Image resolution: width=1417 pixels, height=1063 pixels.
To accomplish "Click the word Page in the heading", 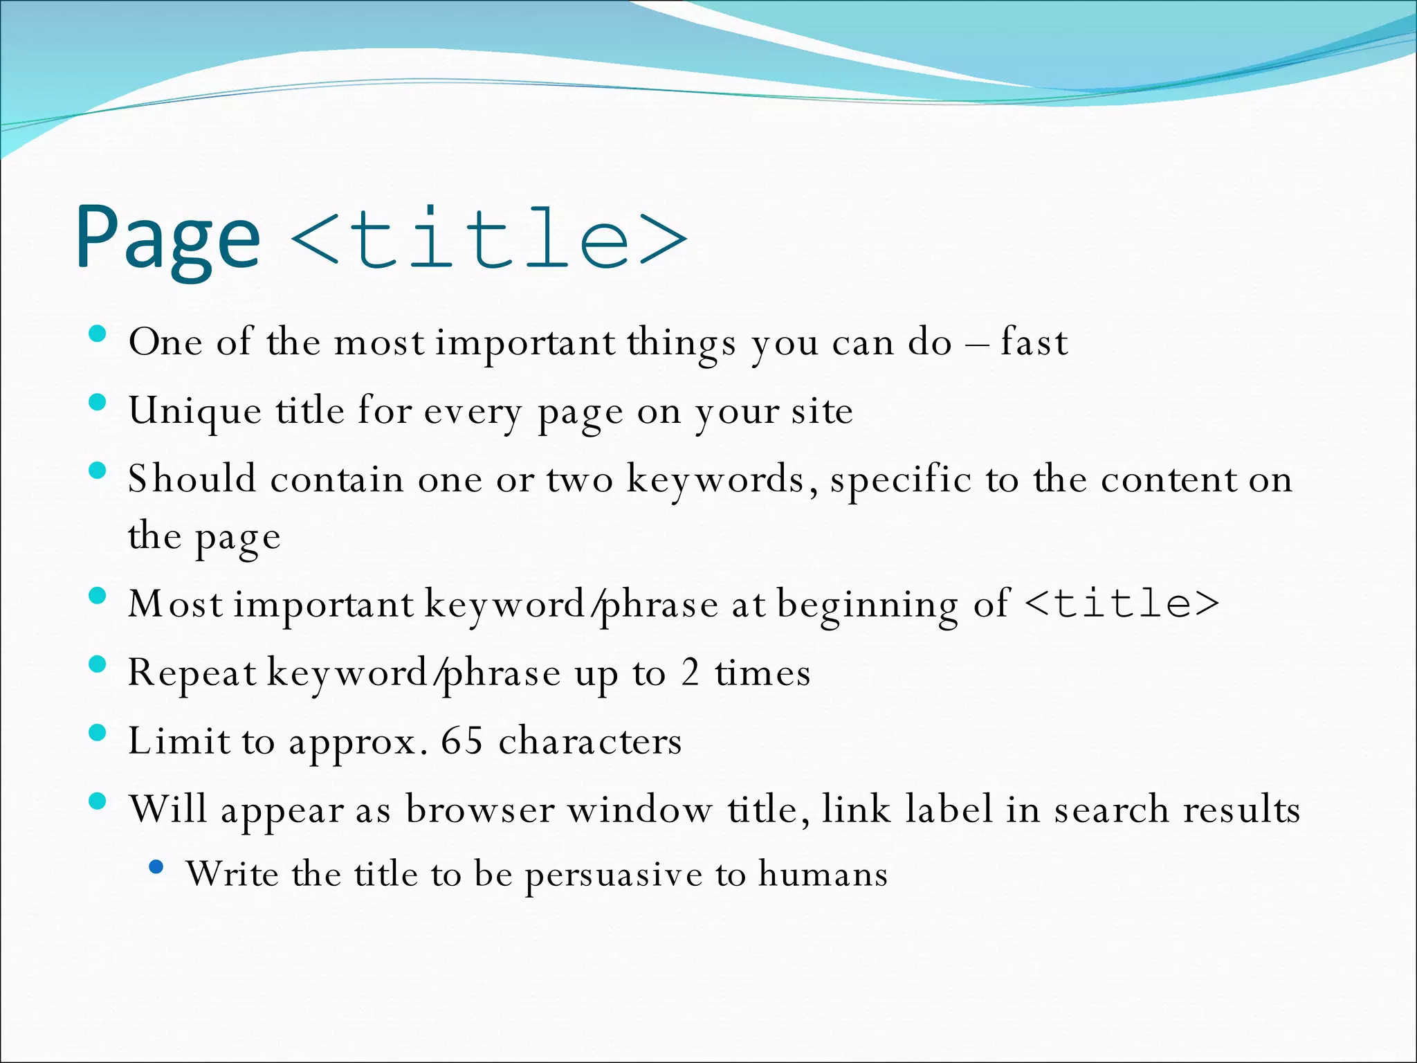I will pos(168,239).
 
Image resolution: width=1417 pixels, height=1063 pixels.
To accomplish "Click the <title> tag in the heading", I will pos(488,239).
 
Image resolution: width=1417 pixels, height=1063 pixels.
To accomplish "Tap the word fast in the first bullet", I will pos(1034,342).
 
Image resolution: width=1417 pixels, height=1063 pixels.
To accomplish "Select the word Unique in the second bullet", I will pos(195,411).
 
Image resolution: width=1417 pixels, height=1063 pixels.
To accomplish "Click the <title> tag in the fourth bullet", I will pos(1121,603).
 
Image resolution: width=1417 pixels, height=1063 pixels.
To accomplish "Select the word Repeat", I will pos(192,673).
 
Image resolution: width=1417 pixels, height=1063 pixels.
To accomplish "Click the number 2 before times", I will pos(690,672).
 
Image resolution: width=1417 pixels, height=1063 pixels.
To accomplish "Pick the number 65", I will pos(461,741).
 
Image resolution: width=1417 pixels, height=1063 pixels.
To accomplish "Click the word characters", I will pos(590,741).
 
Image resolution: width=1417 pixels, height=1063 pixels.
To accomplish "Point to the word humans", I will pos(823,873).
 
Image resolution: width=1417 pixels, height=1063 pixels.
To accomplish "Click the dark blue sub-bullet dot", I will pos(156,866).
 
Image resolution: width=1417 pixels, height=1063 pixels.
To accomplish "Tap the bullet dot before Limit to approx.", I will pos(98,733).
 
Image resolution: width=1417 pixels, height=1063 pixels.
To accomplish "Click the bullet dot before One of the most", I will pos(98,334).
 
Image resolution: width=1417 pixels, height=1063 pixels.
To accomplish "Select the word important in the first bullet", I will pos(524,342).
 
